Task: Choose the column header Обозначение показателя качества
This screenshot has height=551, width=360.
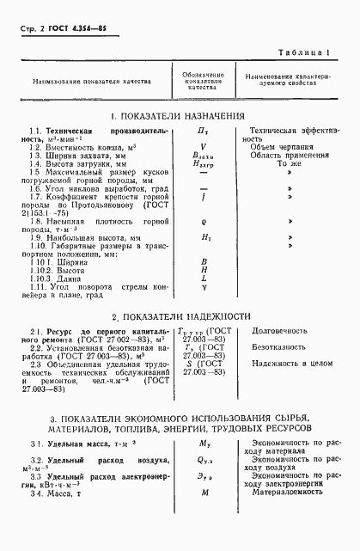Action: click(x=204, y=81)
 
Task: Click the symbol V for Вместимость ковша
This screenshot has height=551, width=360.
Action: click(x=204, y=147)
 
